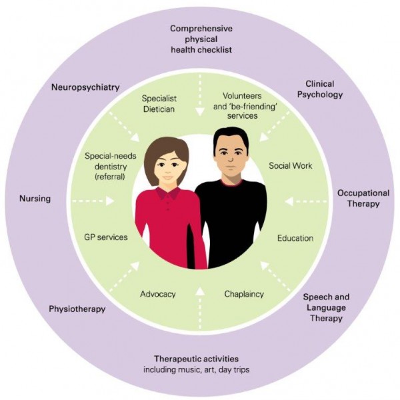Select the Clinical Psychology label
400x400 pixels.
[x=324, y=89]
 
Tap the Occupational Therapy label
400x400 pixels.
[x=363, y=198]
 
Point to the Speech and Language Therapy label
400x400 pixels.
[x=326, y=307]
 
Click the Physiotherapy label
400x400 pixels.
[x=77, y=309]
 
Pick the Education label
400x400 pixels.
[x=295, y=238]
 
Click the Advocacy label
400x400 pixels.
[x=157, y=293]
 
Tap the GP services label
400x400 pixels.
[x=107, y=237]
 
